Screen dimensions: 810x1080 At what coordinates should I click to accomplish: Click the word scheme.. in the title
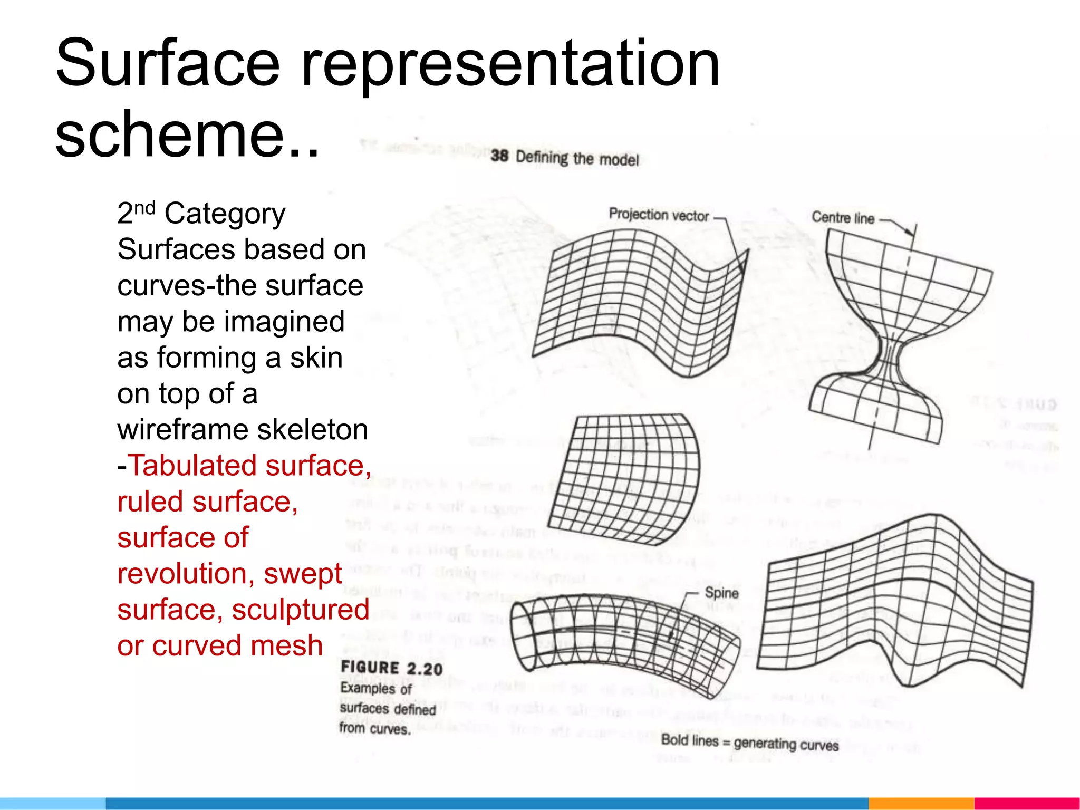187,134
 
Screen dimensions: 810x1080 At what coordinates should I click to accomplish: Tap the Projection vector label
659,215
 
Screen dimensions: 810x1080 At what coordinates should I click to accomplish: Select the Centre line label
843,217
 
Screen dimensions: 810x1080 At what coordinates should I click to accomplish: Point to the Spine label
721,593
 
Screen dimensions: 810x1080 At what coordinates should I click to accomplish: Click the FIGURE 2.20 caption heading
391,668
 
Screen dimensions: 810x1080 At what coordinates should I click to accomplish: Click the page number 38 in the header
499,156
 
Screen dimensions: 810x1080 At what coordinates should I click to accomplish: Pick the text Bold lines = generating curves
749,742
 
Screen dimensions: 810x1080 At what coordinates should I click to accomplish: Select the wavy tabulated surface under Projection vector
638,301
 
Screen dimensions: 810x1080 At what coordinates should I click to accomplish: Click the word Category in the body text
225,214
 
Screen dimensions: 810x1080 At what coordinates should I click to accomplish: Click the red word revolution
186,574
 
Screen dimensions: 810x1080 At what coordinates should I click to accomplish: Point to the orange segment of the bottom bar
921,804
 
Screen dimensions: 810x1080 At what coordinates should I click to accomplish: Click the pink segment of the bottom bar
1026,804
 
